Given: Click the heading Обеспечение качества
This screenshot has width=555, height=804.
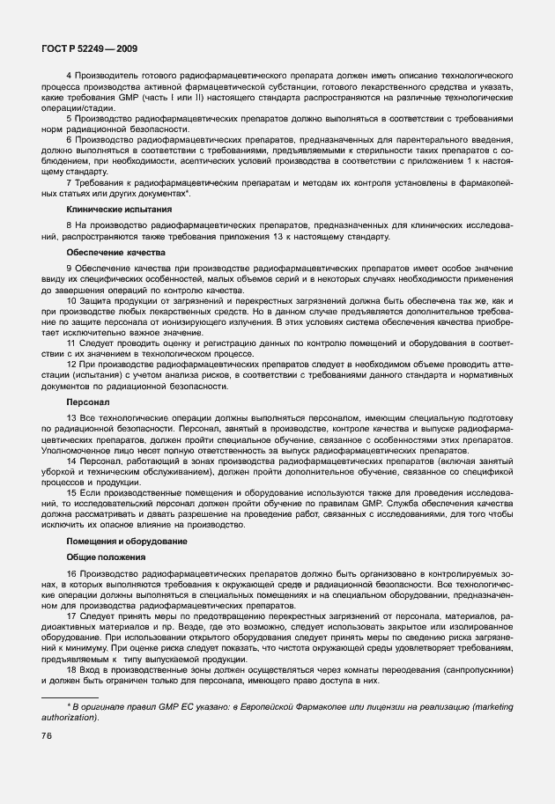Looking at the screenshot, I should tap(104, 252).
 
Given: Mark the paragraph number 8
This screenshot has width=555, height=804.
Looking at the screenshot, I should tap(70, 227).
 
